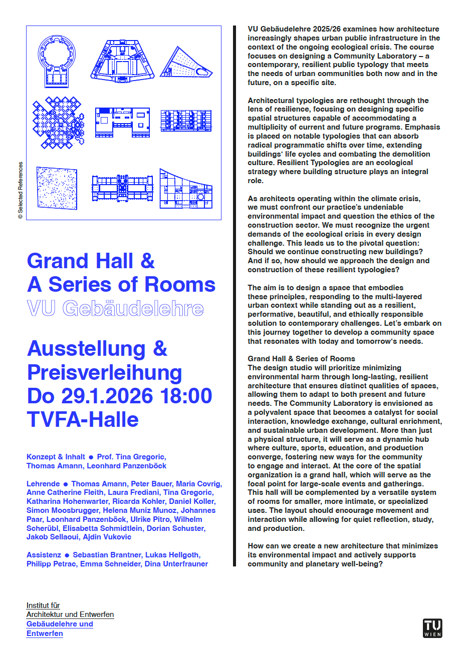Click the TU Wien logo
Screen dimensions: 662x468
click(x=432, y=628)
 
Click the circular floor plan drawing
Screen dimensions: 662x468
click(x=57, y=60)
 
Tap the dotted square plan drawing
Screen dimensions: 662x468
click(x=57, y=188)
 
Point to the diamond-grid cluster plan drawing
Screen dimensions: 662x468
click(x=58, y=123)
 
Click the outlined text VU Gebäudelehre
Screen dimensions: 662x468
click(x=115, y=309)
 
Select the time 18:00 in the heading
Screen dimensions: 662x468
click(x=186, y=396)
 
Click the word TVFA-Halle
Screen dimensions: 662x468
click(x=83, y=419)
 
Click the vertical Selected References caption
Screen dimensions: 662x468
click(x=21, y=190)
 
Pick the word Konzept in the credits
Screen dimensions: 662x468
click(x=41, y=457)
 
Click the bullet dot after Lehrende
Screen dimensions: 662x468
click(x=66, y=484)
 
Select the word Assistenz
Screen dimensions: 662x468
click(x=44, y=555)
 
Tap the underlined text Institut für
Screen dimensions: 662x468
click(x=43, y=605)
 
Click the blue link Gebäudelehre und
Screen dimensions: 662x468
click(x=60, y=624)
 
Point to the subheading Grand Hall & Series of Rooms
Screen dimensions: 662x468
click(x=301, y=359)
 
